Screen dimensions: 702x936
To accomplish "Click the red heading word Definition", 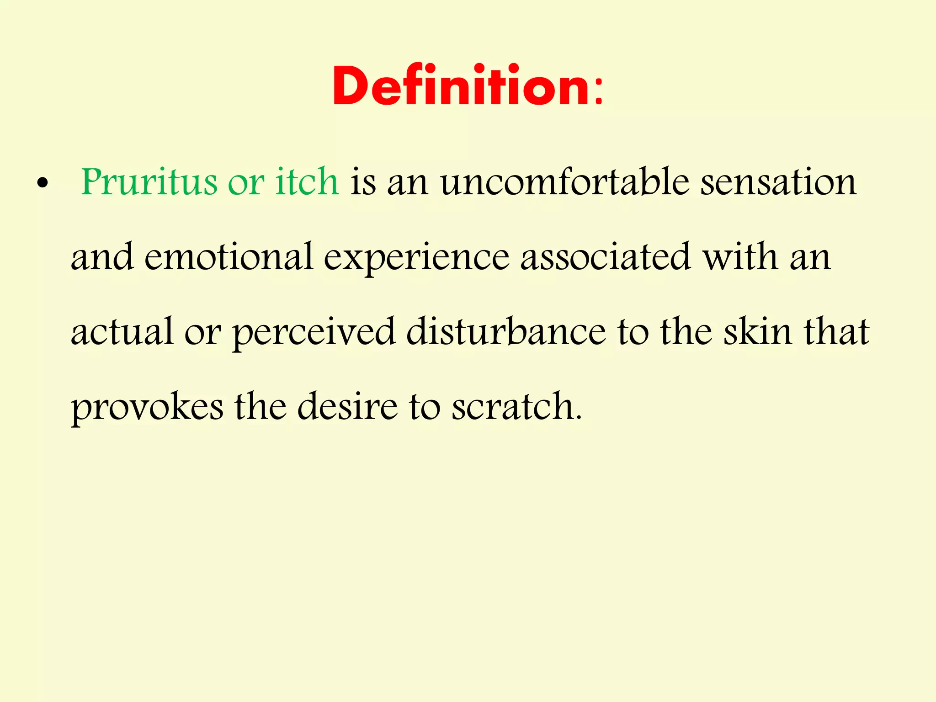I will (x=461, y=86).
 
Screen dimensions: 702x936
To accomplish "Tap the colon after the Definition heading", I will (x=598, y=91).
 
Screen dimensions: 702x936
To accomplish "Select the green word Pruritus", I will (x=149, y=183).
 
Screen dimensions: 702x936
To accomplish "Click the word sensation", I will (x=778, y=182).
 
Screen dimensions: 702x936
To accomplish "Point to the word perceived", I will (x=314, y=333).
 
